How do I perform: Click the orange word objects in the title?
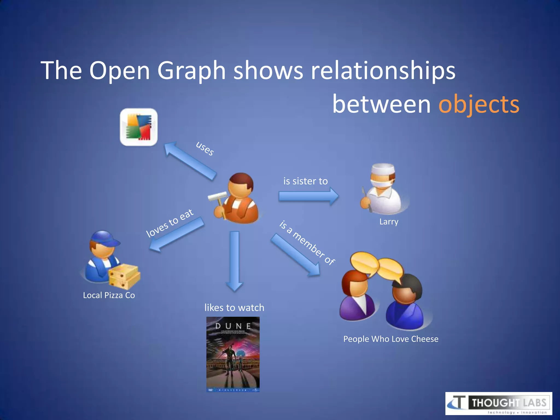coord(479,104)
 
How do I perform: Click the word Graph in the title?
coord(191,71)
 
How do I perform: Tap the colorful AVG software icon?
coord(139,127)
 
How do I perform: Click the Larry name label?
coord(389,221)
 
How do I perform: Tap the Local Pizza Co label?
coord(109,295)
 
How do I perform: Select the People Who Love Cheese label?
coord(391,339)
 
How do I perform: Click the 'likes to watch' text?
coord(234,308)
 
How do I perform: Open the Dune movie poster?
coord(233,354)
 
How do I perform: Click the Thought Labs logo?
coord(498,403)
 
